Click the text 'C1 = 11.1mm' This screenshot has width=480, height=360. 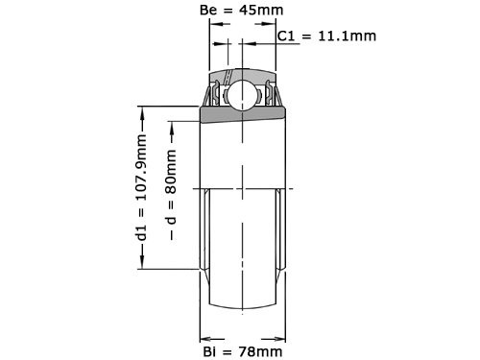[326, 36]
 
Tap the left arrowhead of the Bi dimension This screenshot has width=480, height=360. [204, 338]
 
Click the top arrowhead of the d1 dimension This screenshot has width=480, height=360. [143, 110]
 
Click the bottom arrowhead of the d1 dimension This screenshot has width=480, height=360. [143, 266]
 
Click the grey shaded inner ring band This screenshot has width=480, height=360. [241, 114]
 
